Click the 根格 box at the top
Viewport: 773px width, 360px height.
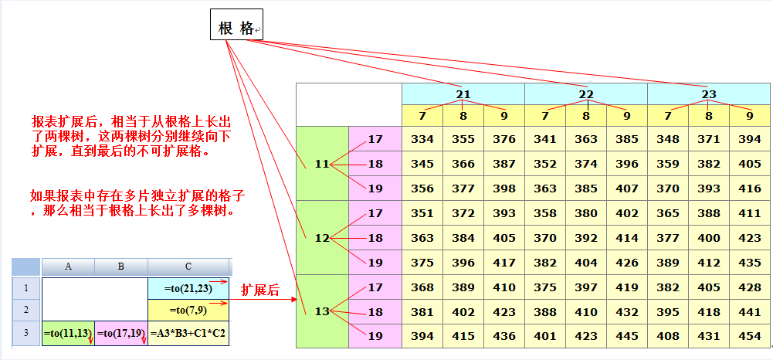(236, 24)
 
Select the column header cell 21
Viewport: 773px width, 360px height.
(463, 94)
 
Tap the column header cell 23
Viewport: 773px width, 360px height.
(708, 94)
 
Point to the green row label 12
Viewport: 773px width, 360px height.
(323, 238)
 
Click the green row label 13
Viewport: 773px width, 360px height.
(323, 311)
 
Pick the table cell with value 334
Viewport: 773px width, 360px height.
(422, 139)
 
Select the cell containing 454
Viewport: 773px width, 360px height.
(750, 336)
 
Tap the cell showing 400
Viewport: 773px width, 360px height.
(709, 238)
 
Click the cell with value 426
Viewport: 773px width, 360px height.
(627, 263)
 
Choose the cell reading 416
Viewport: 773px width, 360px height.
(750, 188)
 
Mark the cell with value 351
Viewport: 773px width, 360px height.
(422, 213)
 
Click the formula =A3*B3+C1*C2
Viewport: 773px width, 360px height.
(188, 333)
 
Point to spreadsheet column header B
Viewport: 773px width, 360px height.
(120, 267)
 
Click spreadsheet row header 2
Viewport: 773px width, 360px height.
(25, 310)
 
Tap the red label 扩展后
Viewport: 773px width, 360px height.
(259, 290)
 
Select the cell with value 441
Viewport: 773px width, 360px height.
(750, 311)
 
